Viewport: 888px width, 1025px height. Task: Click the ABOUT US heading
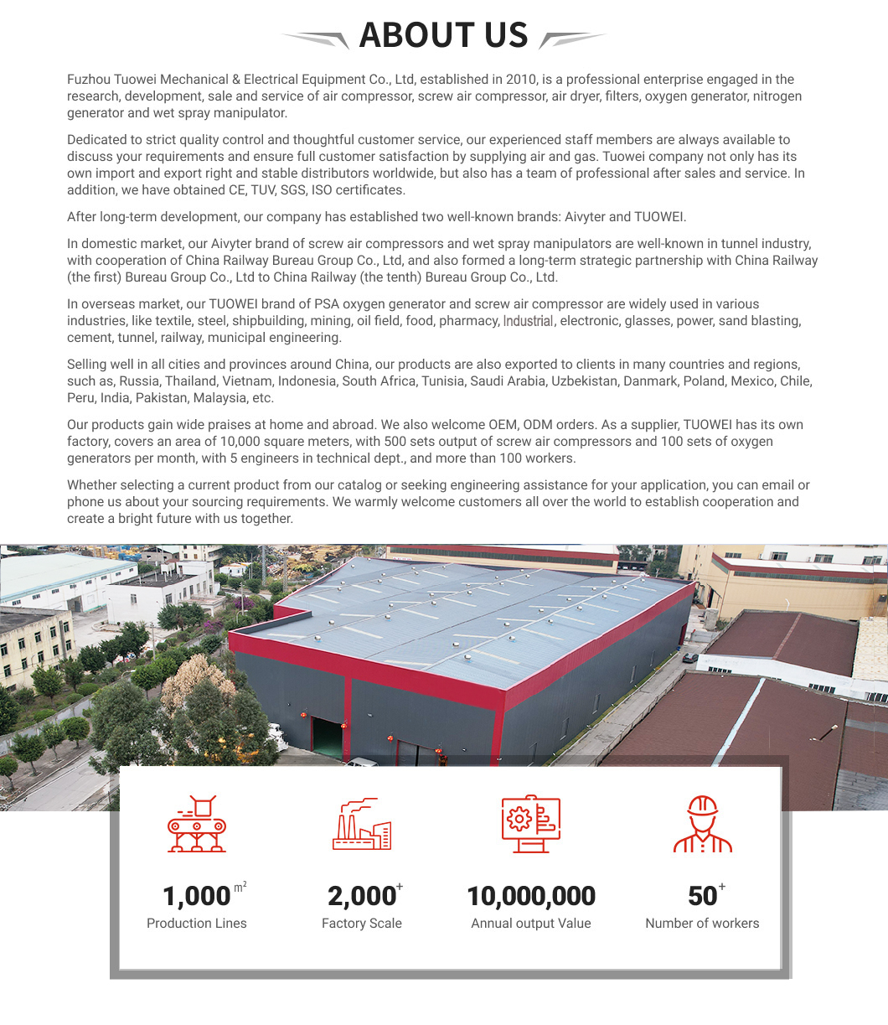point(443,35)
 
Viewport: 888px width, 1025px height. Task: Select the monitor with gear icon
point(531,824)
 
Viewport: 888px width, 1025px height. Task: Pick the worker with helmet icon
point(702,824)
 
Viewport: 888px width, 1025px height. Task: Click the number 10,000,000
point(531,896)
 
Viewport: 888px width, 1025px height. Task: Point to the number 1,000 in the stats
point(196,896)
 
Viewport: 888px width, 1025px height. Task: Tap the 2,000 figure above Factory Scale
point(361,896)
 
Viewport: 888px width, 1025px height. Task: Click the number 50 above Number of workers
point(702,896)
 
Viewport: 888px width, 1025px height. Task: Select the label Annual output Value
point(531,924)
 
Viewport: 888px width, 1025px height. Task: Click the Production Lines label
point(197,924)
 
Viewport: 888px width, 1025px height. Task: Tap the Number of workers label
point(702,924)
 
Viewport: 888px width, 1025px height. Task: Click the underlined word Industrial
point(528,321)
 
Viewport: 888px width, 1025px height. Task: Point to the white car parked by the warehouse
point(362,763)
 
